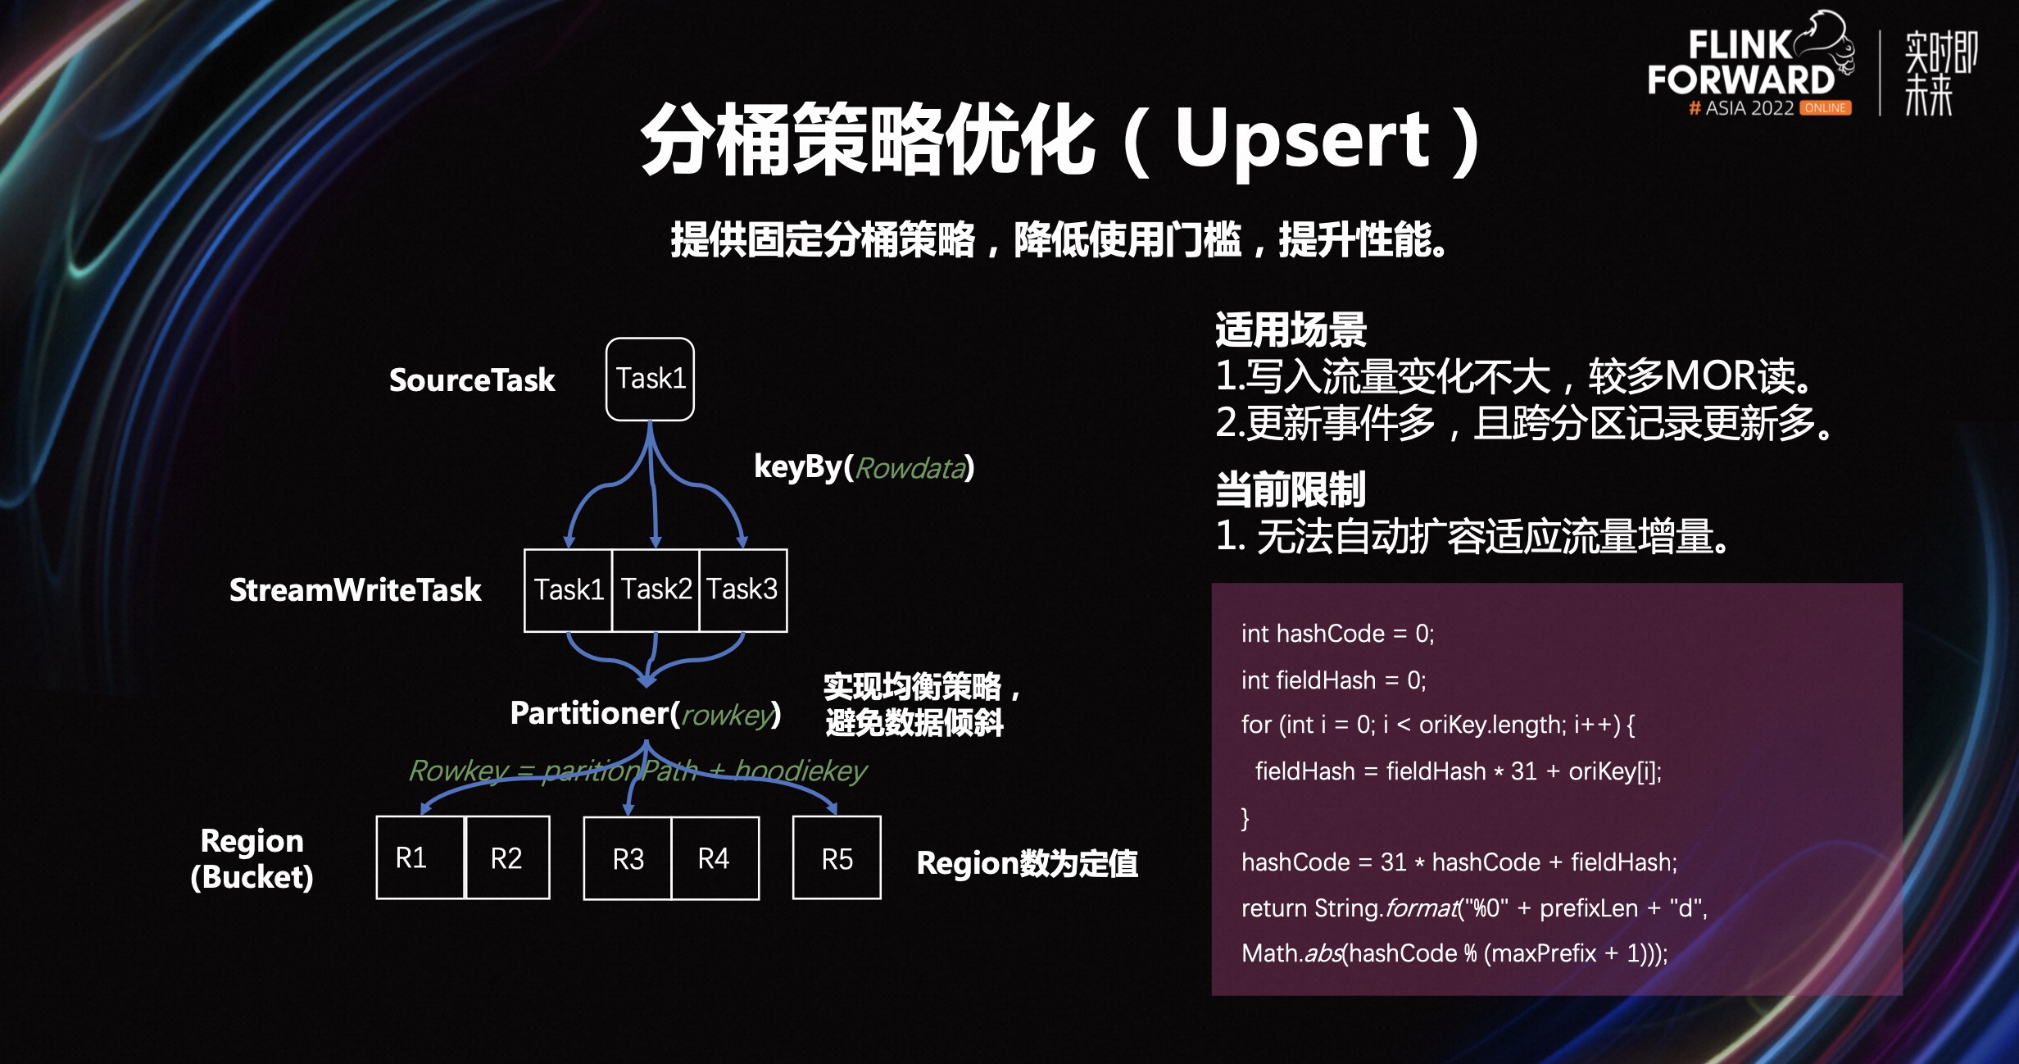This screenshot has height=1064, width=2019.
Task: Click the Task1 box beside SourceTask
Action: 650,379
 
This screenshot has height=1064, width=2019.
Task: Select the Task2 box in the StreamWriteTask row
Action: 656,589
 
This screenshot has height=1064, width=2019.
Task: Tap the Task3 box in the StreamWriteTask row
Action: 742,589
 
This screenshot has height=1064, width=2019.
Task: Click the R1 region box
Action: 420,857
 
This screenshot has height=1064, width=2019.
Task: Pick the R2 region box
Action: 506,857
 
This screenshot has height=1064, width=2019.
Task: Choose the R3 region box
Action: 628,858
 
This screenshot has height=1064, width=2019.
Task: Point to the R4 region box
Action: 714,858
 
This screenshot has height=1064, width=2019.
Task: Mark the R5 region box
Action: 837,858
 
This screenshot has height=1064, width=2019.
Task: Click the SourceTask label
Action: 472,380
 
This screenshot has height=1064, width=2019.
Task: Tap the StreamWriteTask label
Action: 355,590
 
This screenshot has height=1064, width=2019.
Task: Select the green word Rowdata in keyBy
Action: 910,468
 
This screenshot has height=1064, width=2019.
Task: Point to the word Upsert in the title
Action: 1303,139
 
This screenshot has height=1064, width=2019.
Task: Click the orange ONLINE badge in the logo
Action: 1825,108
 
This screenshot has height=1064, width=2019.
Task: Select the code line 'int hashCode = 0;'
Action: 1337,634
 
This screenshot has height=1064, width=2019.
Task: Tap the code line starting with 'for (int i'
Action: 1437,725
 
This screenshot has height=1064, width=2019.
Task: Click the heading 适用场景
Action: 1291,330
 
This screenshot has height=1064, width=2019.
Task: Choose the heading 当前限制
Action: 1291,489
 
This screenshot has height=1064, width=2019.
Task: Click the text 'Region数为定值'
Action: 1027,863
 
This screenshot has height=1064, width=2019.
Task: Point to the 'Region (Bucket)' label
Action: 252,858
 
